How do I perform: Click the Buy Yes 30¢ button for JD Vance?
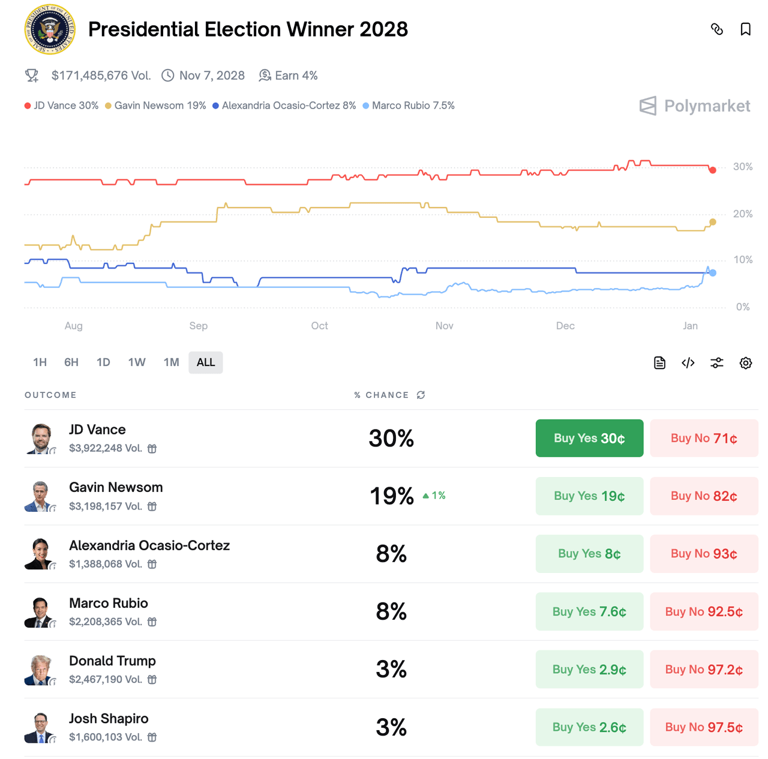pos(589,438)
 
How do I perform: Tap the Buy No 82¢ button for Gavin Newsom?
pos(704,496)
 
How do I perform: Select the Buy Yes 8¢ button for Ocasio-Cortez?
pos(589,554)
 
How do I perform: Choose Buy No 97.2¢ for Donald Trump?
pos(704,670)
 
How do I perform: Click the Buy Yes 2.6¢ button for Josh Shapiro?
pos(589,727)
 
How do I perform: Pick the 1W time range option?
pos(137,362)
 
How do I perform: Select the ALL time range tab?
pos(206,362)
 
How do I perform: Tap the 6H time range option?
pos(71,362)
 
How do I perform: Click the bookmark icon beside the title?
pos(746,29)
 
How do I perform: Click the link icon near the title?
pos(717,29)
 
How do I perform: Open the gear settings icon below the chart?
pos(746,363)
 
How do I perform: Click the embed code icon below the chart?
pos(688,363)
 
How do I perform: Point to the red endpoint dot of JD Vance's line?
pos(713,170)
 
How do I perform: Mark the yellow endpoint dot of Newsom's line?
pos(713,222)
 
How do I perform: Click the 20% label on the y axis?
pos(743,214)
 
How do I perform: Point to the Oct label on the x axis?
pos(319,326)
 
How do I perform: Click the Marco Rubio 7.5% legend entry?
pos(409,106)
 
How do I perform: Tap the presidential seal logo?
pos(50,29)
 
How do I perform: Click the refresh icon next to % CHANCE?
pos(421,395)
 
